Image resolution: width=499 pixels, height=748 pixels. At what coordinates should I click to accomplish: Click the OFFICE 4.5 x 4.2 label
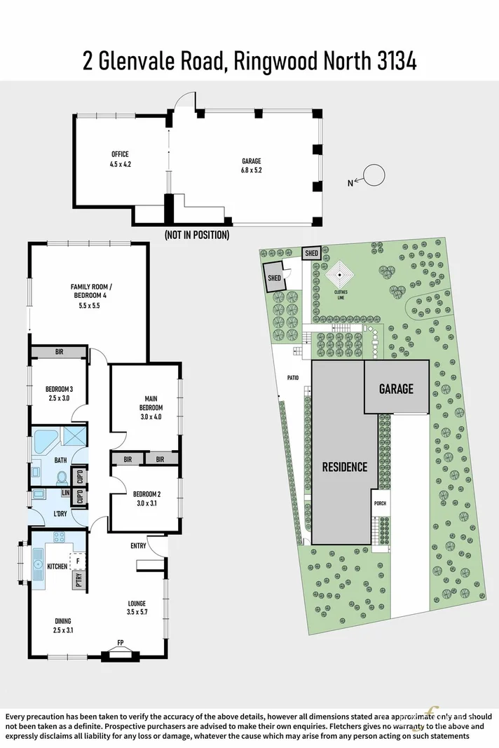pyautogui.click(x=119, y=159)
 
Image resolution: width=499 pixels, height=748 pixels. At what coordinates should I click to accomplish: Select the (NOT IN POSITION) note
pyautogui.click(x=196, y=235)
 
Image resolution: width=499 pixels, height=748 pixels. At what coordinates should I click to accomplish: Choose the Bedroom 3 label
pyautogui.click(x=58, y=393)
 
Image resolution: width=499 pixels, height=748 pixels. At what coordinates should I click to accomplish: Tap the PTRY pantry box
pyautogui.click(x=78, y=580)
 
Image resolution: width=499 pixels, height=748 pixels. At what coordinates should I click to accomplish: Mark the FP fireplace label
pyautogui.click(x=120, y=642)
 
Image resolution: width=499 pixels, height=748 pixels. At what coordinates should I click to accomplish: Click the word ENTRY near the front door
pyautogui.click(x=138, y=545)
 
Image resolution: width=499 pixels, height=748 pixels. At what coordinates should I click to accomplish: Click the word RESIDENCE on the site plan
pyautogui.click(x=344, y=467)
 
